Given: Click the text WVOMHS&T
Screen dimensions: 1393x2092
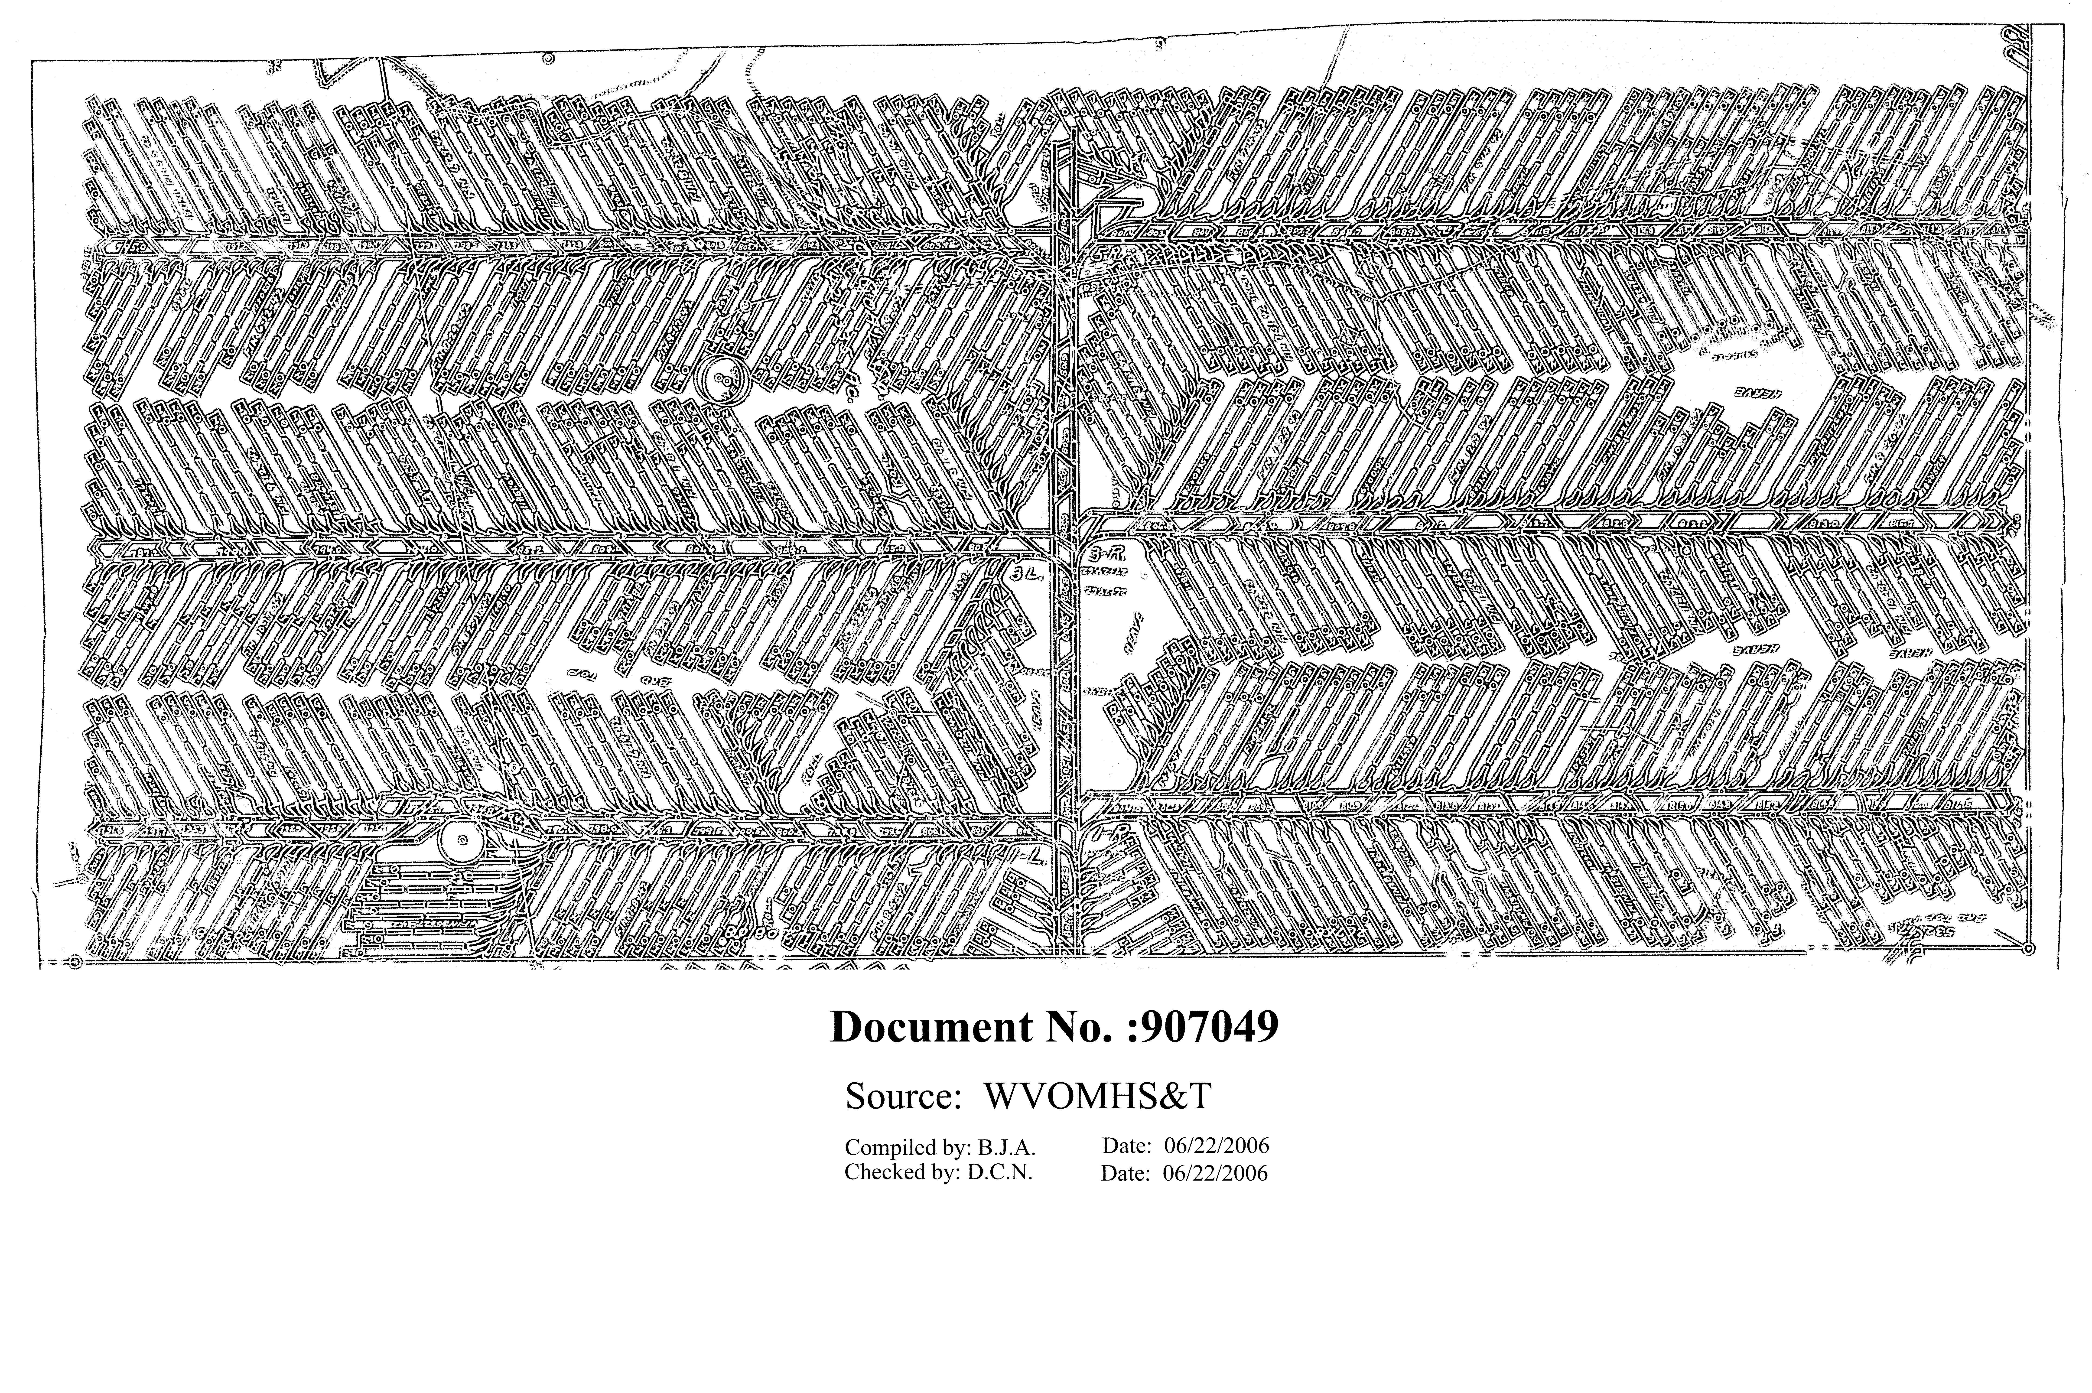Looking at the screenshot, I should [x=1097, y=1097].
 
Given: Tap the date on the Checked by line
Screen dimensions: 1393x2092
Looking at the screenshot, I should [x=1215, y=1174].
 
